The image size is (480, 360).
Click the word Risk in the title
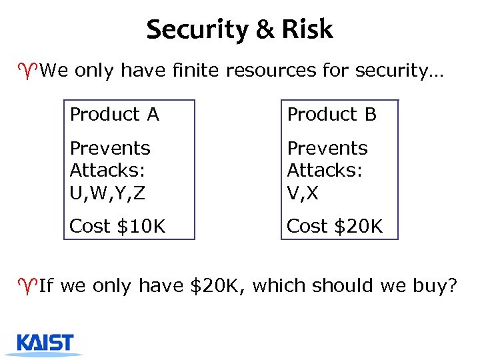tap(307, 29)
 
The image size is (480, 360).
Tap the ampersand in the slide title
tap(261, 30)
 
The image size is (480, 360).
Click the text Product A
tap(115, 115)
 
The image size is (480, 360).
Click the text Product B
tap(332, 115)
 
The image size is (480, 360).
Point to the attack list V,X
tap(304, 193)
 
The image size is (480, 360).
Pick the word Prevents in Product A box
tap(110, 148)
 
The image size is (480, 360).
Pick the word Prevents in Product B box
tap(327, 148)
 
